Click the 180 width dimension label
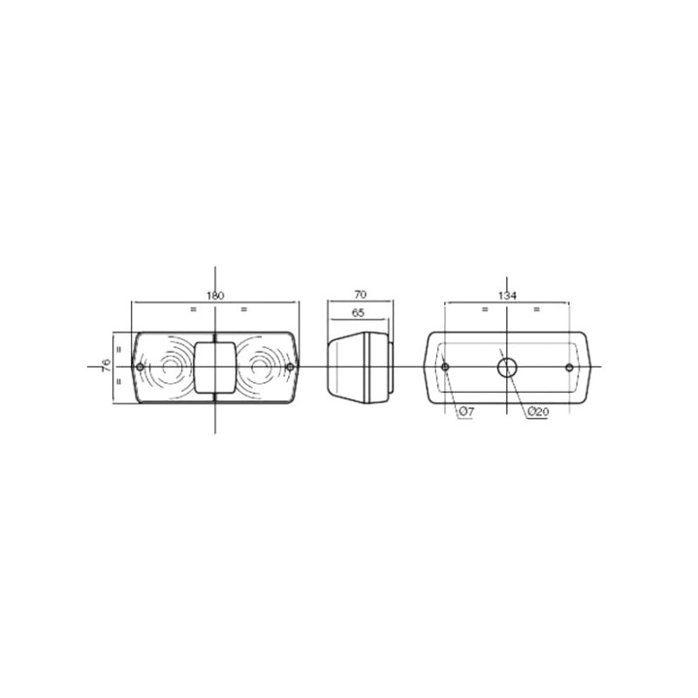pyautogui.click(x=215, y=295)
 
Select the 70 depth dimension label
pyautogui.click(x=360, y=295)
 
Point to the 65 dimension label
pyautogui.click(x=358, y=312)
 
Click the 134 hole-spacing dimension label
pyautogui.click(x=507, y=295)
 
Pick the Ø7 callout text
pyautogui.click(x=466, y=412)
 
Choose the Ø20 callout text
pyautogui.click(x=538, y=412)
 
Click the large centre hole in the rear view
pyautogui.click(x=507, y=367)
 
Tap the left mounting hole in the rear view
pyautogui.click(x=445, y=367)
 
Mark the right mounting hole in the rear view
pyautogui.click(x=569, y=367)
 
